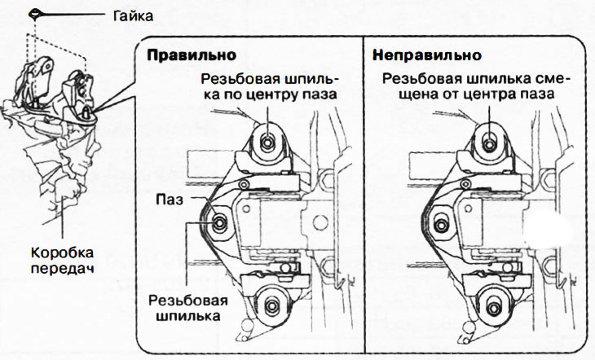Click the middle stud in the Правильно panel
(218, 221)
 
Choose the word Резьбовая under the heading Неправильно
(416, 79)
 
